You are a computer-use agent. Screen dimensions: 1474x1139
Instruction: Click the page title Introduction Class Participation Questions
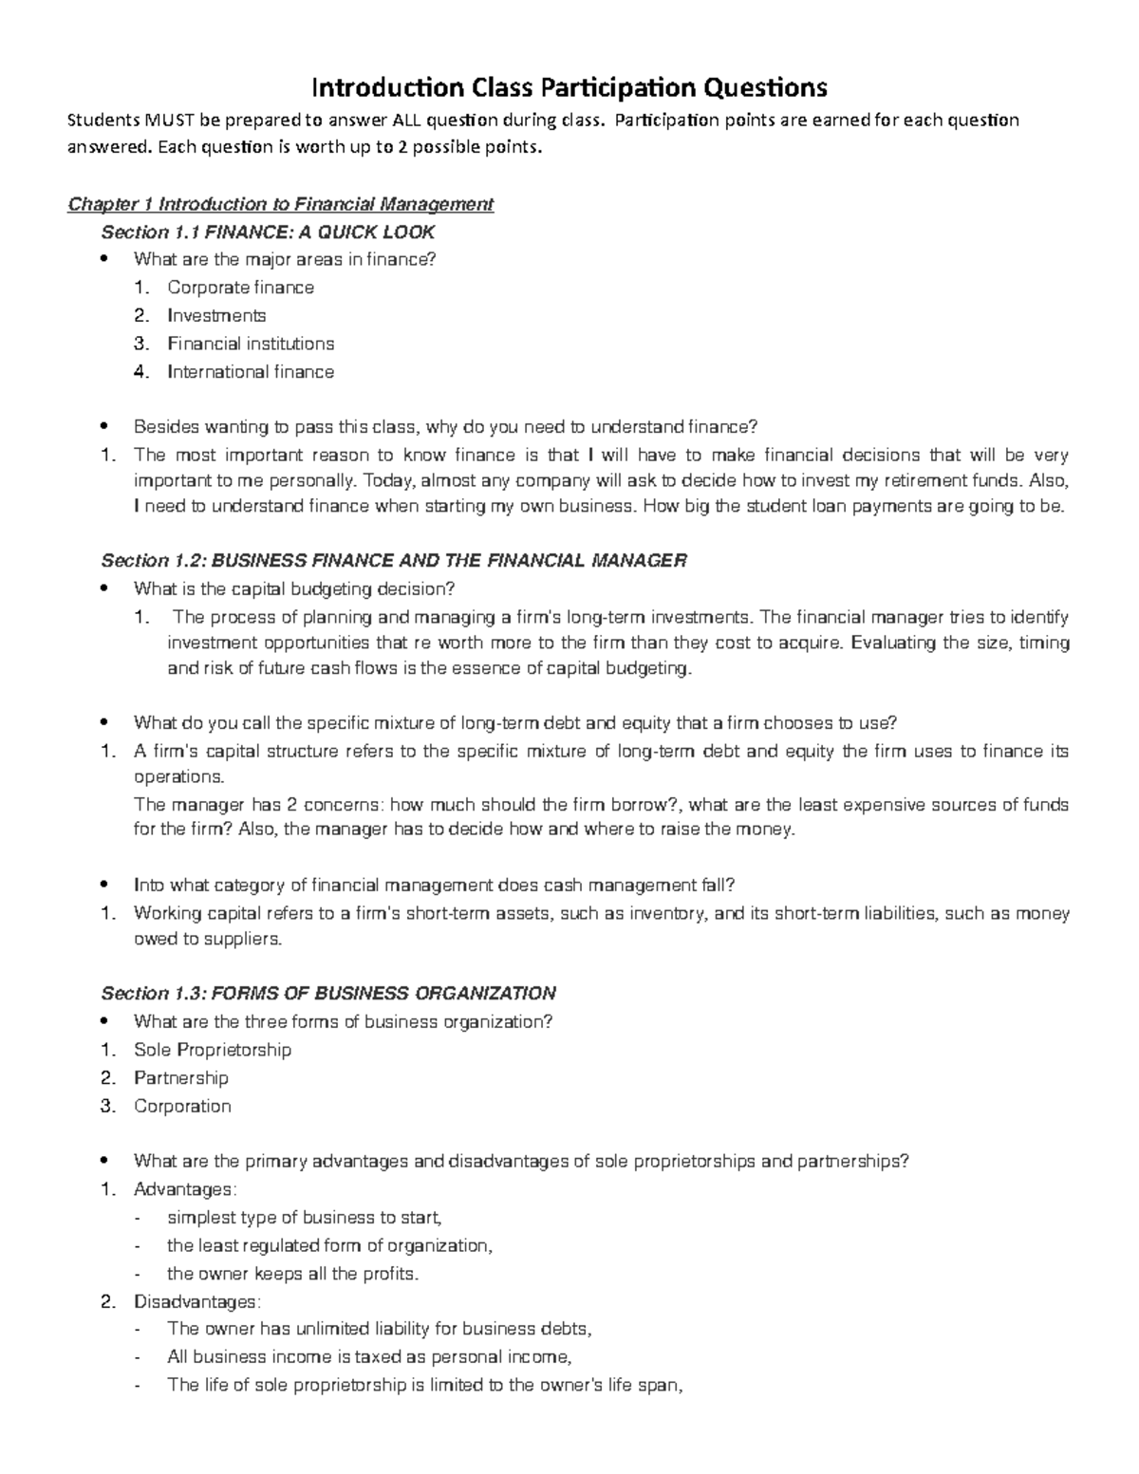569,88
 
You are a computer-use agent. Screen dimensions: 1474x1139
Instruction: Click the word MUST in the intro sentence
167,121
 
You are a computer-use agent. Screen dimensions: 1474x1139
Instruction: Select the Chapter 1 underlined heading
280,204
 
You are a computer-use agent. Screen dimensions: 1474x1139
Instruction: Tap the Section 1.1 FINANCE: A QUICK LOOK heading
268,233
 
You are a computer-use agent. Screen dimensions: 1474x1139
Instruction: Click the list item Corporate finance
240,288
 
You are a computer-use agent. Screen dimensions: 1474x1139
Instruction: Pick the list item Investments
216,315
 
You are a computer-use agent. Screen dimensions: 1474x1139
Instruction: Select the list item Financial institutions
251,344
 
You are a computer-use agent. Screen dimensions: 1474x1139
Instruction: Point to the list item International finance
251,372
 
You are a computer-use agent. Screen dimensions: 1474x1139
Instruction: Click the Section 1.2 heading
393,561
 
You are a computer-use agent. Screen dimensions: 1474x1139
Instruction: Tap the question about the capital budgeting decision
294,589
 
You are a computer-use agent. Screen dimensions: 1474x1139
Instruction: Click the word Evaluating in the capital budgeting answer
892,643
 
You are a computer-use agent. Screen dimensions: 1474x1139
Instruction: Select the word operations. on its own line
179,776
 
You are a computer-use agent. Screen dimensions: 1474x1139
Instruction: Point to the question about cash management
434,886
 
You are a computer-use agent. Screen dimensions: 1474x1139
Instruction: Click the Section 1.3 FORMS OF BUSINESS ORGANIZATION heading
328,994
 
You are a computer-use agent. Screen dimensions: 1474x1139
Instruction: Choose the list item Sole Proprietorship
213,1050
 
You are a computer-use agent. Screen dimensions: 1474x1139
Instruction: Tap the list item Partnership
181,1078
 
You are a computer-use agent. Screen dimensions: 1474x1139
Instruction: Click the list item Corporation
182,1107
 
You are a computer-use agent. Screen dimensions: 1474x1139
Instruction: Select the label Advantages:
185,1189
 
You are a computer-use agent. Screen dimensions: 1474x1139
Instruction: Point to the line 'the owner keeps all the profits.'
292,1274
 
